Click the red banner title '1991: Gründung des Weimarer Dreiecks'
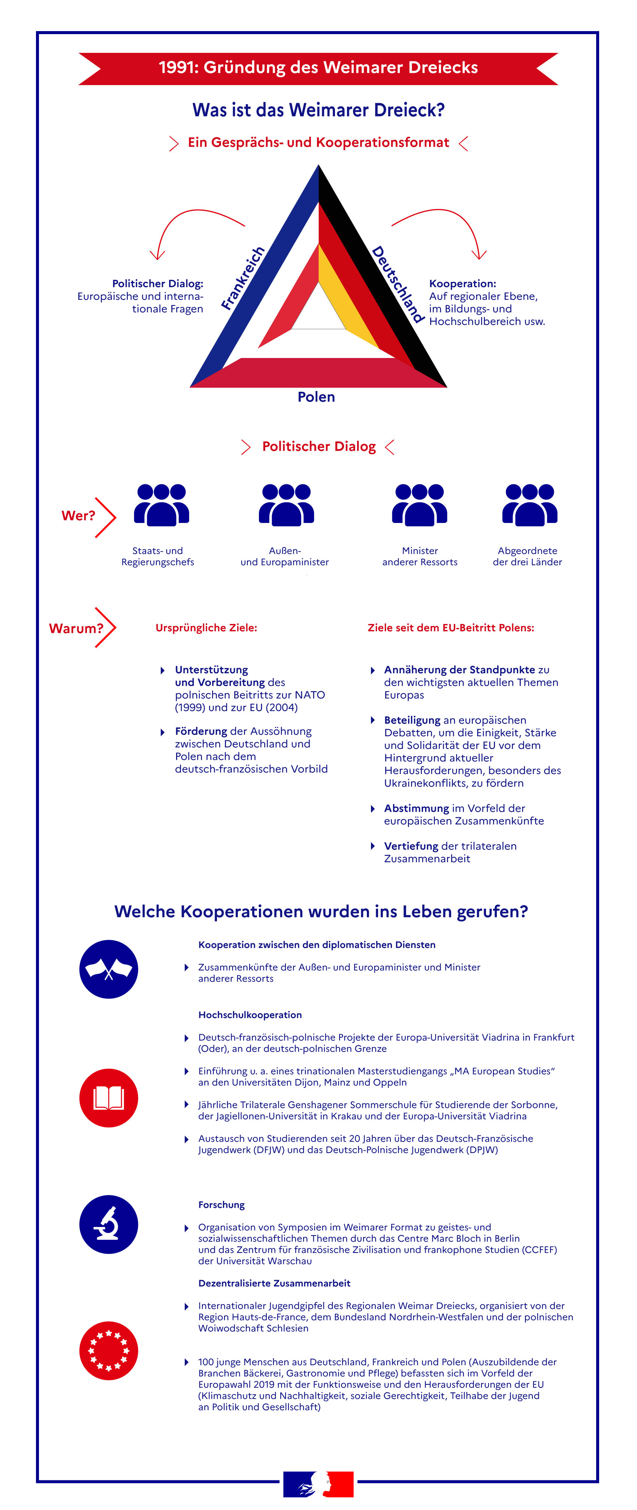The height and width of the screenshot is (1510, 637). [318, 68]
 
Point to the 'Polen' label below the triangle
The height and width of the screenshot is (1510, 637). [317, 397]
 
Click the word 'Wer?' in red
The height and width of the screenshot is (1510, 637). [78, 516]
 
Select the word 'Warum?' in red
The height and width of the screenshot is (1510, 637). [76, 628]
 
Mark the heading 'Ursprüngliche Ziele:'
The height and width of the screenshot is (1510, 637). [206, 628]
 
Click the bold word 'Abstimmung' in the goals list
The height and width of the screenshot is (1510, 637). [417, 808]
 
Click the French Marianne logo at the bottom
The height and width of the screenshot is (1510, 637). [318, 1484]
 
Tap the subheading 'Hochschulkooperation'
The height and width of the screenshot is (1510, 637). [250, 1015]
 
